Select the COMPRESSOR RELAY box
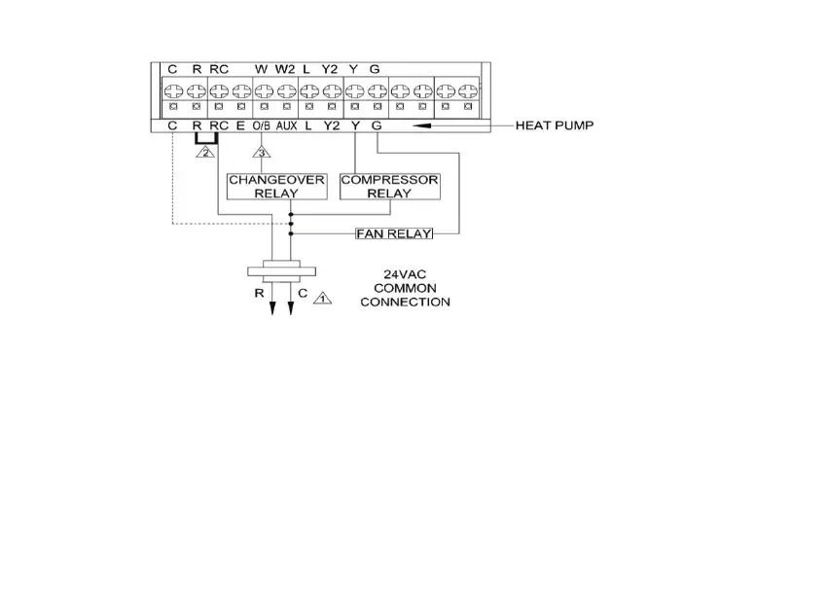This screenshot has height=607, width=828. pos(389,187)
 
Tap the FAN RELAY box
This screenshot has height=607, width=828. pos(394,233)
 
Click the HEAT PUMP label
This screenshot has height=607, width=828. pos(554,125)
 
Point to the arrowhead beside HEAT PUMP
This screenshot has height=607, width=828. pos(424,125)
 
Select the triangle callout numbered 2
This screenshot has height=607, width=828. pos(205,151)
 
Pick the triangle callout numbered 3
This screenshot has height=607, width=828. pos(261,151)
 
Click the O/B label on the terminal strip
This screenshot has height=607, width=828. pos(262,126)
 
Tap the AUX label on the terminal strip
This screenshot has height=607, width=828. pos(285,126)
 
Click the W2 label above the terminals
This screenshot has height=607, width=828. pos(284,69)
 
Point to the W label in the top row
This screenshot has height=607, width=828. pos(261,69)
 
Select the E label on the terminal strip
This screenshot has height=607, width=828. pos(239,126)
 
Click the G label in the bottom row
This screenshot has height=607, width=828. pos(377,126)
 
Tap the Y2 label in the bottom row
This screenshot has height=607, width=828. pos(332,126)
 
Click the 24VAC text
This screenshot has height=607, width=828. pos(404,275)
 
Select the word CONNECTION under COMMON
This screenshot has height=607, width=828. pos(405,303)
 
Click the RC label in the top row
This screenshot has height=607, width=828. pos(219,69)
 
